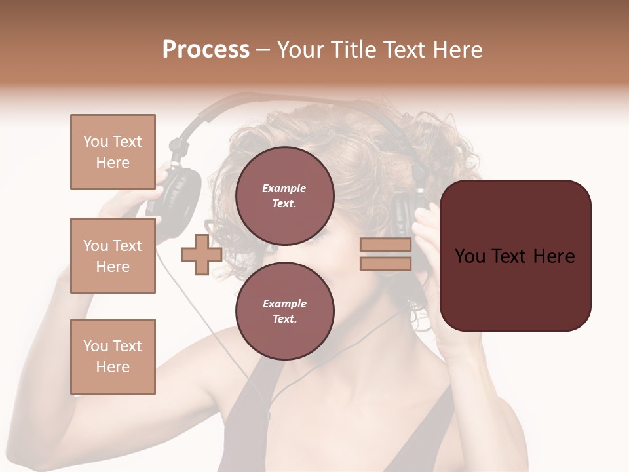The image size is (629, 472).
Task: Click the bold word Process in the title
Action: [206, 50]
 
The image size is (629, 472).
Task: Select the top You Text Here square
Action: [113, 152]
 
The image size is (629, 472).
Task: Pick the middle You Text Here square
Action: [113, 256]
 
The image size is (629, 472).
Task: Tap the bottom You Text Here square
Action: [113, 357]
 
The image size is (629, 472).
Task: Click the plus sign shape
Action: [202, 254]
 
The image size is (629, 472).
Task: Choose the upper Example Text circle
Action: [284, 195]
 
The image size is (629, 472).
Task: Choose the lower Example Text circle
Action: [284, 311]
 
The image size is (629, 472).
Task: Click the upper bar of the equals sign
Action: [385, 245]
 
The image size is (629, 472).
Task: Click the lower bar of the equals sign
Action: [385, 264]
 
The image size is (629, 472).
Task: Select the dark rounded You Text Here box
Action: [516, 255]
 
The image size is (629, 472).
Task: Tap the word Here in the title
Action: [457, 50]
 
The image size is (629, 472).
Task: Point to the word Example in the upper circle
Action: [284, 188]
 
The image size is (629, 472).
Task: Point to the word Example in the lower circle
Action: [284, 304]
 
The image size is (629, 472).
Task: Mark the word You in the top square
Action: [95, 142]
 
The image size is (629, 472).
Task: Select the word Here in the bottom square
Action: [113, 367]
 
